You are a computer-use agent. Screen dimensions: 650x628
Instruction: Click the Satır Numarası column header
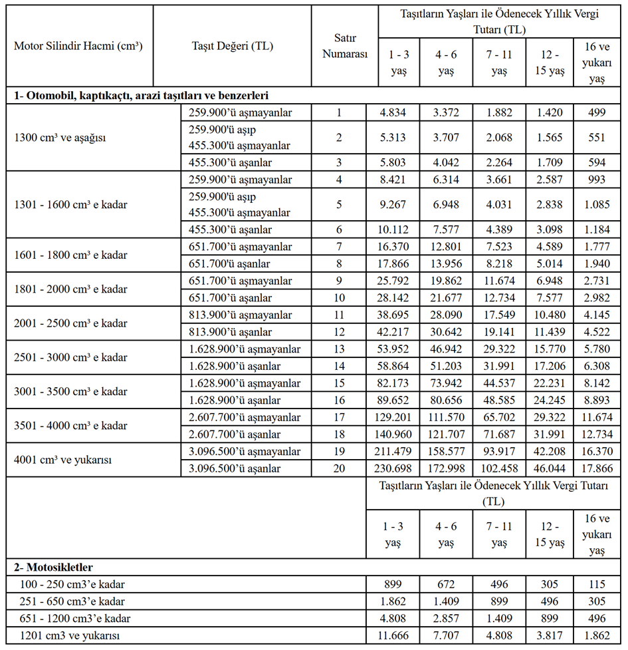click(345, 47)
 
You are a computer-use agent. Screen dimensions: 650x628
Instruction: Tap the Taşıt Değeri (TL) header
click(232, 46)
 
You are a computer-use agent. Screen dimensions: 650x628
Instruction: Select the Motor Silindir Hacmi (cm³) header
click(78, 46)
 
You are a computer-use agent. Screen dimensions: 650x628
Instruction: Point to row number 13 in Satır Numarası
click(338, 349)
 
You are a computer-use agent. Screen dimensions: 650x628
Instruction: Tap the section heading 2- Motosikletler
click(54, 568)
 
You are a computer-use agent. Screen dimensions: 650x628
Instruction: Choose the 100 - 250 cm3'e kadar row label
click(73, 585)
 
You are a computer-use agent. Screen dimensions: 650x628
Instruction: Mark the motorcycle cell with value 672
click(445, 585)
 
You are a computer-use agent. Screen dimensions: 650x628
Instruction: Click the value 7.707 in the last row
click(445, 635)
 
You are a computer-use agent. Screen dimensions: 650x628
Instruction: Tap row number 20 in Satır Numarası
click(338, 468)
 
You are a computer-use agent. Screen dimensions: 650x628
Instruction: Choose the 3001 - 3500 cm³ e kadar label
click(70, 392)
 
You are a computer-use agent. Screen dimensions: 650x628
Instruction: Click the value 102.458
click(499, 468)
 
